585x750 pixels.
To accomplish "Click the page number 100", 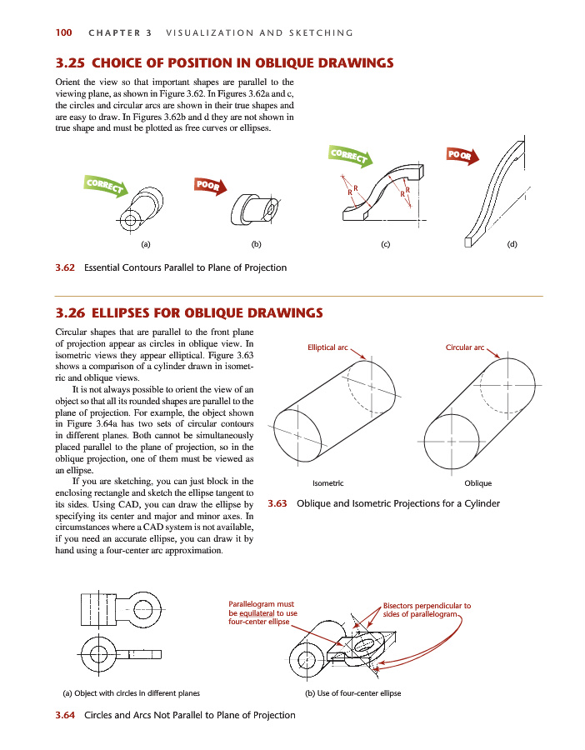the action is pyautogui.click(x=63, y=32).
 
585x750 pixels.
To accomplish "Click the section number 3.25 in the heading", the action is pyautogui.click(x=70, y=63).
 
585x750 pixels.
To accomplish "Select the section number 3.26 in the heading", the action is pyautogui.click(x=70, y=312).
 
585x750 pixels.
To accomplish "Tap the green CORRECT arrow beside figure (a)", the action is pyautogui.click(x=106, y=186).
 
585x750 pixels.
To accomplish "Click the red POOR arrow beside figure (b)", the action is pyautogui.click(x=211, y=186).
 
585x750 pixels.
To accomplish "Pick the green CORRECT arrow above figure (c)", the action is pyautogui.click(x=350, y=156).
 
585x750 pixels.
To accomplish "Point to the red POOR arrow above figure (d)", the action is pyautogui.click(x=462, y=156).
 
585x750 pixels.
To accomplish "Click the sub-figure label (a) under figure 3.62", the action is pyautogui.click(x=145, y=244).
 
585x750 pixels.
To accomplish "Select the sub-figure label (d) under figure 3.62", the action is pyautogui.click(x=512, y=244).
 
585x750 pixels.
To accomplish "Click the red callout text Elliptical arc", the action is pyautogui.click(x=327, y=347).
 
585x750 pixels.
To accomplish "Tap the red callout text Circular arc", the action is pyautogui.click(x=465, y=347).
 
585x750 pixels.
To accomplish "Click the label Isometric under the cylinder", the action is pyautogui.click(x=328, y=483).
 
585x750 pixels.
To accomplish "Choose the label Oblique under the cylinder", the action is pyautogui.click(x=477, y=483).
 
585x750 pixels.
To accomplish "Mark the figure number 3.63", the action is pyautogui.click(x=277, y=503).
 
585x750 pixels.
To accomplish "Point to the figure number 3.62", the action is pyautogui.click(x=65, y=267).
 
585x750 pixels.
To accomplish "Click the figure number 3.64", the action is pyautogui.click(x=65, y=715).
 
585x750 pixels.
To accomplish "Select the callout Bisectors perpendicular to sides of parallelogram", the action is pyautogui.click(x=427, y=610).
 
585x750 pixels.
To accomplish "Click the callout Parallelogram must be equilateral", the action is pyautogui.click(x=262, y=612).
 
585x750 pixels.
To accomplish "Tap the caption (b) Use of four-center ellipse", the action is pyautogui.click(x=353, y=693).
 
